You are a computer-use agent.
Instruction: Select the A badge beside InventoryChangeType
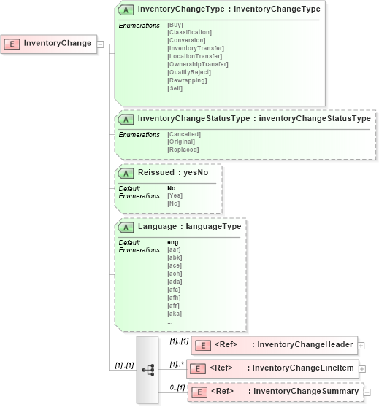[125, 10]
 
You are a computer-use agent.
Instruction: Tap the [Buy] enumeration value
[175, 25]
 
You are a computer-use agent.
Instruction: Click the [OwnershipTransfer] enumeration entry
[198, 64]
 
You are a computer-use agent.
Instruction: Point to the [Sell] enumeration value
[175, 88]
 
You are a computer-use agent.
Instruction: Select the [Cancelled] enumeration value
[184, 134]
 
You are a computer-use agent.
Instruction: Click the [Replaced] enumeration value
[183, 150]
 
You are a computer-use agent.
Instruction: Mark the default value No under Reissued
[172, 188]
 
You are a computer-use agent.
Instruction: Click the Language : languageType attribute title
[189, 226]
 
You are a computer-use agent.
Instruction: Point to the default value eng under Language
[173, 242]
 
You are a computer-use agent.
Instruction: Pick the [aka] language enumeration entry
[174, 314]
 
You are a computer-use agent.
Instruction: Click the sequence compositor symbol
[147, 370]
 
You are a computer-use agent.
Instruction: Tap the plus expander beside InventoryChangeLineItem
[362, 369]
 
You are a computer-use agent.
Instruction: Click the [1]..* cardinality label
[175, 364]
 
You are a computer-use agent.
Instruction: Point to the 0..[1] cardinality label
[176, 387]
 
